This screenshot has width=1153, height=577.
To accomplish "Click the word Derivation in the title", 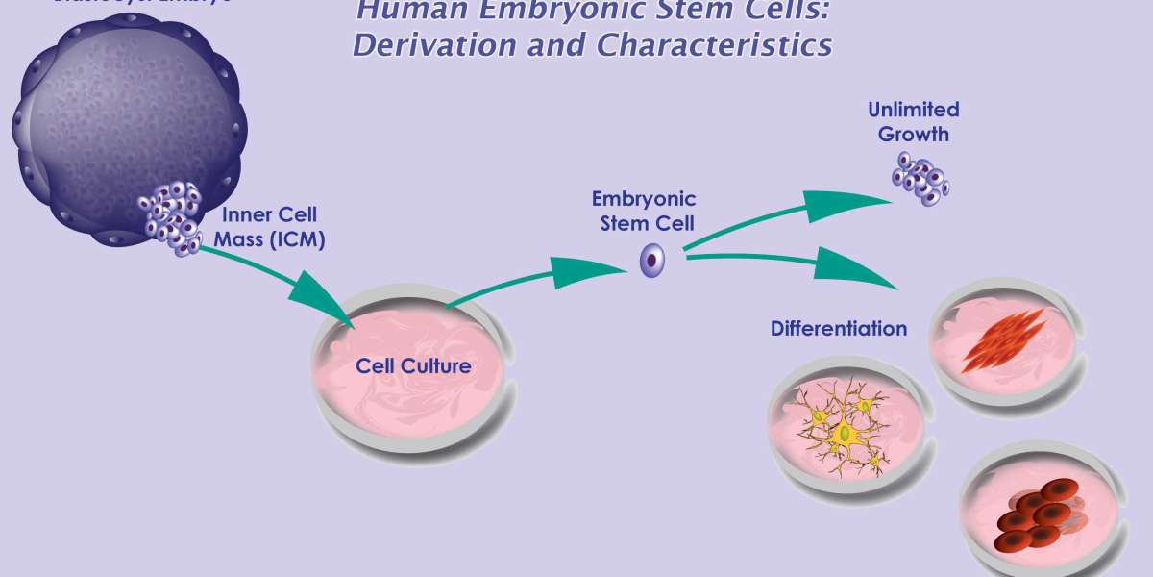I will [407, 45].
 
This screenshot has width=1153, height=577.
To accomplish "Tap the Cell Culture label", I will [413, 366].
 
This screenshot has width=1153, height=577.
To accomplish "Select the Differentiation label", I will [838, 329].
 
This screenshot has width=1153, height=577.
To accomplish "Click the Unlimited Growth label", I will [913, 122].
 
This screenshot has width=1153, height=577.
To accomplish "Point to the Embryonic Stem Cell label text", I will [644, 212].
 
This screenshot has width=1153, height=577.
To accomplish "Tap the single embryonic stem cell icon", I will [653, 260].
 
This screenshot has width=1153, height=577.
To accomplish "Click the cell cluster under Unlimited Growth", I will [920, 177].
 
